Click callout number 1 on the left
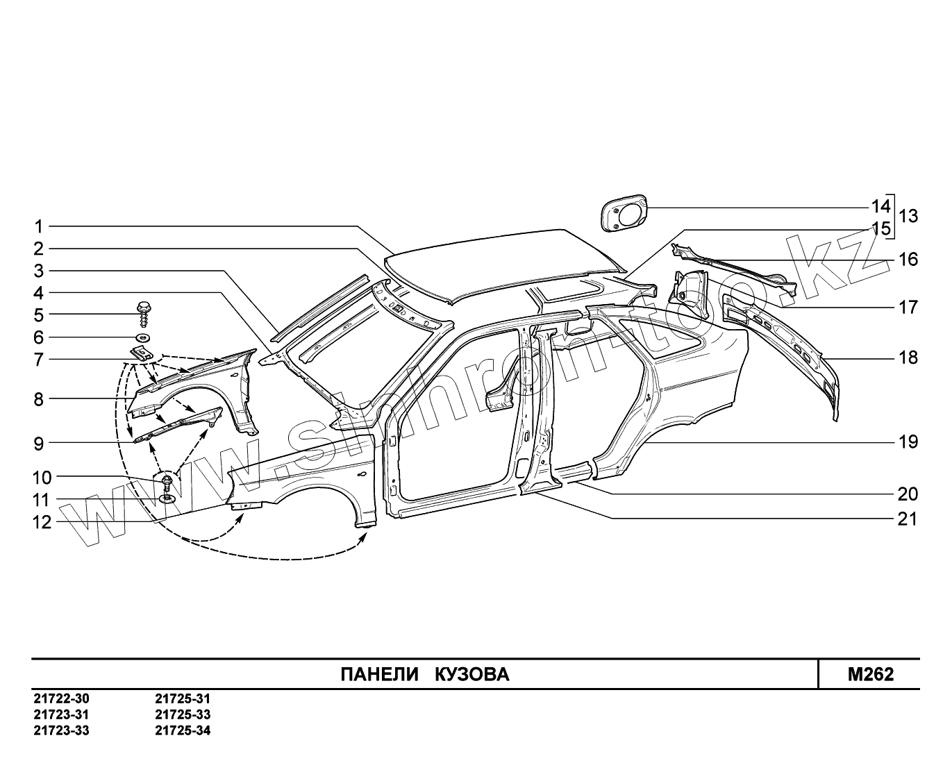40,226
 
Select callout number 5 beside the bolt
38,315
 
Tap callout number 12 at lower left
42,521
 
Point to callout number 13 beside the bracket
908,216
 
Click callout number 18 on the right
908,358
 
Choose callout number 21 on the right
908,519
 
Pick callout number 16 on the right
908,260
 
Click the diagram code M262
870,674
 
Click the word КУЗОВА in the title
472,674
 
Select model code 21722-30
61,699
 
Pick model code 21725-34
183,730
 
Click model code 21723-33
61,730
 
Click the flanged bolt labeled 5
144,313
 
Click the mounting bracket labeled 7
142,353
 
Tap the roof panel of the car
500,264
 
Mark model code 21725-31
183,699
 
